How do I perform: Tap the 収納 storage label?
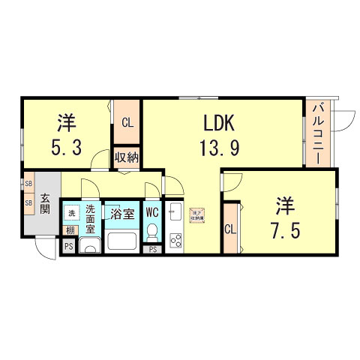pos(127,157)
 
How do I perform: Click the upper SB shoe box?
pos(28,184)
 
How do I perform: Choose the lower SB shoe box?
pos(28,202)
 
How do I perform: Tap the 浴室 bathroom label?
pos(122,214)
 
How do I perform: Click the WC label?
pos(152,211)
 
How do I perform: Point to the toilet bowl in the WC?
pos(153,231)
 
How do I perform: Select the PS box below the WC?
pos(154,249)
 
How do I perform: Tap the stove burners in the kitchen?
pos(178,240)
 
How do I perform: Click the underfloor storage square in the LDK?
pos(199,214)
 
